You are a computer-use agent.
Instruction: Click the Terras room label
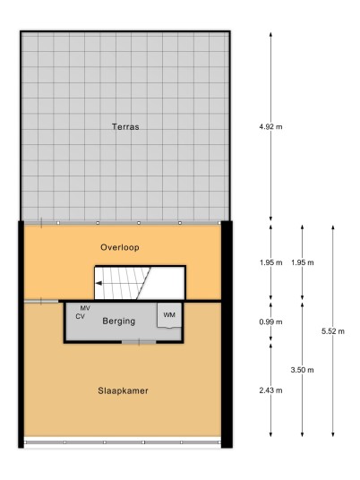[125, 127]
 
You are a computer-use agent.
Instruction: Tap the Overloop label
[120, 247]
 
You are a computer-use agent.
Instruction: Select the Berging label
[119, 321]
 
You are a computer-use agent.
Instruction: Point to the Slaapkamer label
[123, 390]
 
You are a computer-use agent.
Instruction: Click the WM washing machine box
[169, 315]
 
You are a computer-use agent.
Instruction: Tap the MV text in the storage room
[85, 308]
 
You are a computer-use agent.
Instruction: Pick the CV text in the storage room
[81, 316]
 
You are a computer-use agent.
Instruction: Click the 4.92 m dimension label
[270, 126]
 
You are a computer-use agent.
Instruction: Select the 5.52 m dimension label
[333, 331]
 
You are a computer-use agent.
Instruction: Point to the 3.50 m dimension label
[302, 370]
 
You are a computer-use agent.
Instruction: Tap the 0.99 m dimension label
[270, 321]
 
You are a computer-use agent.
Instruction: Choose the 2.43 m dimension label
[270, 390]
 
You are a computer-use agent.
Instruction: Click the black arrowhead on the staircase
[99, 283]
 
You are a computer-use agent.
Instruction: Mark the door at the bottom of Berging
[139, 341]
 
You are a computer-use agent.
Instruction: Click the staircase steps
[123, 283]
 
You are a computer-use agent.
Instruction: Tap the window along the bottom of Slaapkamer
[123, 442]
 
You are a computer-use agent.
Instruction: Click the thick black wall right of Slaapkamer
[227, 334]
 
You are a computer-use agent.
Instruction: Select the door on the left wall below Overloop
[41, 302]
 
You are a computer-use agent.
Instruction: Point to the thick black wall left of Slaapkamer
[21, 334]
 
